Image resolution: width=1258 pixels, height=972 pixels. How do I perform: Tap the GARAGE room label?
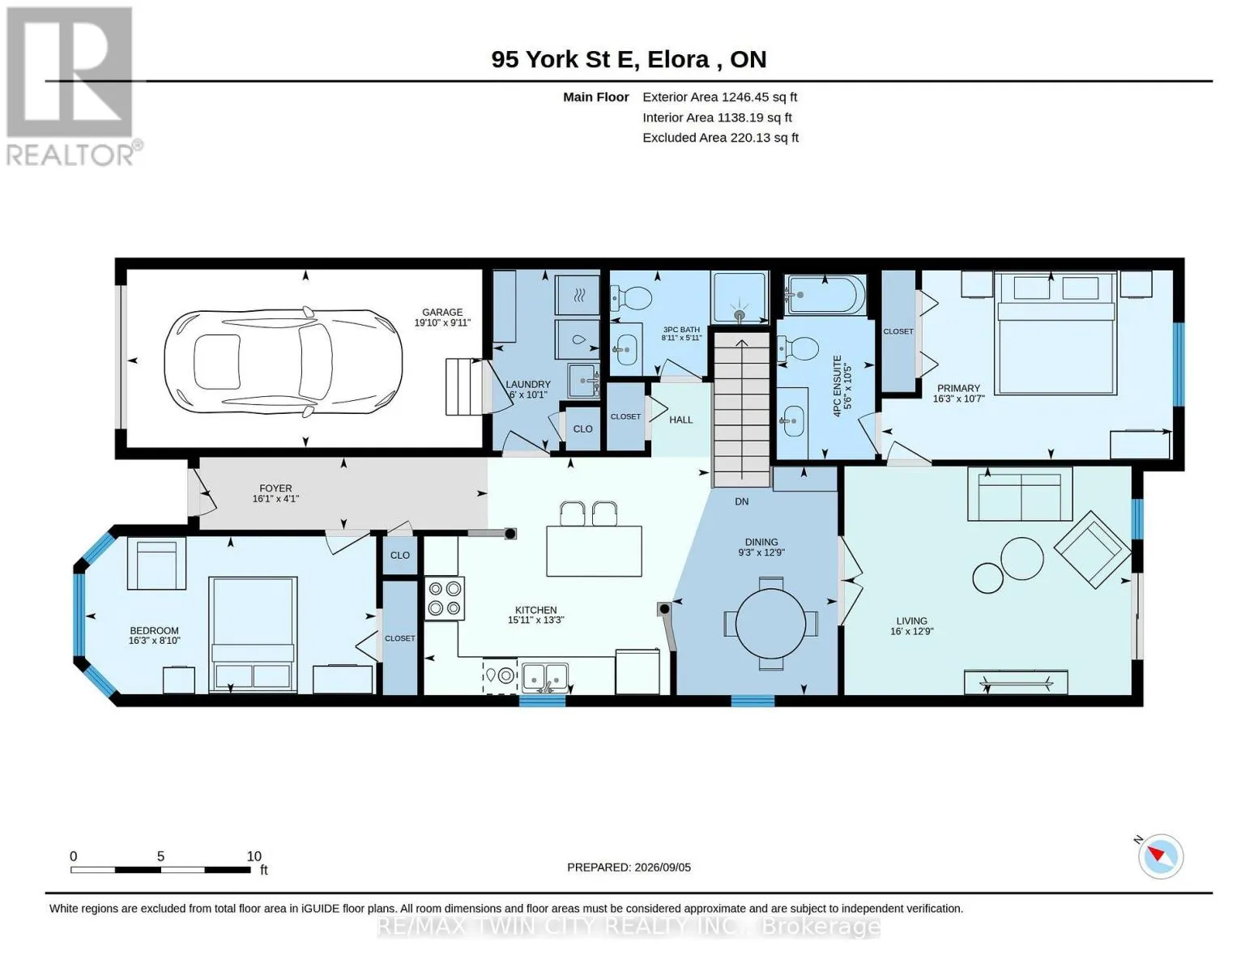pyautogui.click(x=441, y=312)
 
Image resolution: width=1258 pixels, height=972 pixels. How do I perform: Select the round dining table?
pyautogui.click(x=770, y=624)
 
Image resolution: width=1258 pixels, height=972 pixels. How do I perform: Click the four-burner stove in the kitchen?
pyautogui.click(x=444, y=599)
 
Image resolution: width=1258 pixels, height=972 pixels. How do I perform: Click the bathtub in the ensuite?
pyautogui.click(x=825, y=296)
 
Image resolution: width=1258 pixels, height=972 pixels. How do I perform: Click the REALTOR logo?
pyautogui.click(x=72, y=87)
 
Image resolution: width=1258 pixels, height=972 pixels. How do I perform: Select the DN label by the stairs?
pyautogui.click(x=742, y=501)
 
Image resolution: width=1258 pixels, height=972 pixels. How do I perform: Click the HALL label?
pyautogui.click(x=680, y=420)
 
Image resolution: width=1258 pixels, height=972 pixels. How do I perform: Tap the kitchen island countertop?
pyautogui.click(x=594, y=551)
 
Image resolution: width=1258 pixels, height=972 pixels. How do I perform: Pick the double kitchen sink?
pyautogui.click(x=545, y=676)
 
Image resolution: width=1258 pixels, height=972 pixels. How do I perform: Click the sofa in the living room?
pyautogui.click(x=1020, y=494)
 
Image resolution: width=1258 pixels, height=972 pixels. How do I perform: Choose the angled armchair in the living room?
pyautogui.click(x=1092, y=549)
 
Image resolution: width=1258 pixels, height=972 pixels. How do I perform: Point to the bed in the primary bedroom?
pyautogui.click(x=1055, y=334)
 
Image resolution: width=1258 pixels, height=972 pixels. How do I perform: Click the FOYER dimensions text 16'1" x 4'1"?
pyautogui.click(x=275, y=498)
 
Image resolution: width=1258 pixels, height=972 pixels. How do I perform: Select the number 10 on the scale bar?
pyautogui.click(x=254, y=856)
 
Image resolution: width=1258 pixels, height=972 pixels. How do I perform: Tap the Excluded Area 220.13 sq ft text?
pyautogui.click(x=720, y=138)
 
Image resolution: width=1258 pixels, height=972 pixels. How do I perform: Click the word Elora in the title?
pyautogui.click(x=678, y=60)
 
